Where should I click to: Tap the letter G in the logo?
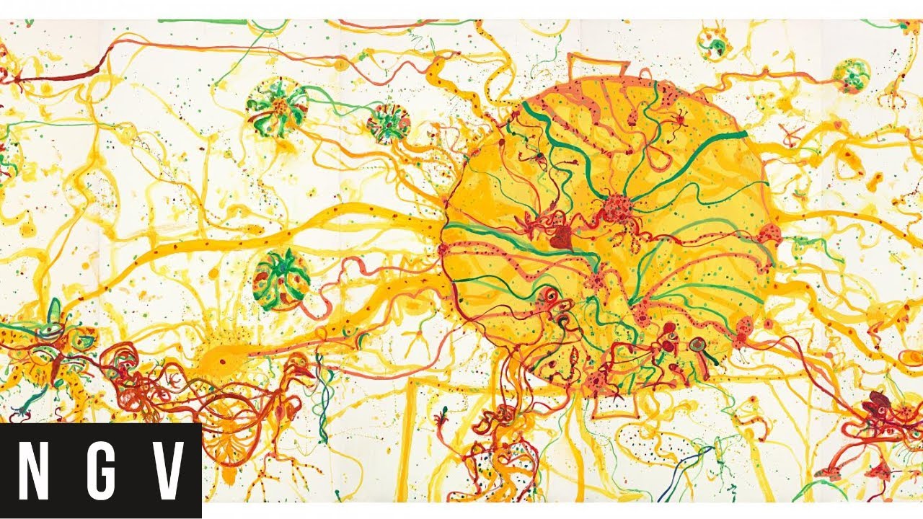coord(100,470)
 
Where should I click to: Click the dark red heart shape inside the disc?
coord(561,239)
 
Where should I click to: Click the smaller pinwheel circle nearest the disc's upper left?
coord(388,123)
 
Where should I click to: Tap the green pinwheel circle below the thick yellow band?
coord(281,279)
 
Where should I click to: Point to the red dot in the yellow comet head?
coord(221,361)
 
